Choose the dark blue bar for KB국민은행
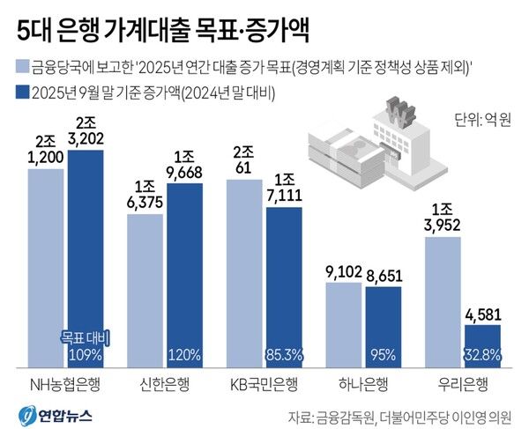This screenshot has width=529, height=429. (x=284, y=286)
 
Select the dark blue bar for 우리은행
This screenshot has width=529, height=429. (x=481, y=344)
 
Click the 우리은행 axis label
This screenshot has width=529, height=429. (x=464, y=385)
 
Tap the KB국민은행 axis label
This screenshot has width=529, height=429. (x=264, y=385)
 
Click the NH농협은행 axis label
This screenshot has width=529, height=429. (x=65, y=385)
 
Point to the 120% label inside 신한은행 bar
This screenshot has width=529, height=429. (x=185, y=355)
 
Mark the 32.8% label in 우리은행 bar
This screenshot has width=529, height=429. (x=481, y=355)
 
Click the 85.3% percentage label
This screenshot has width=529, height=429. (x=284, y=355)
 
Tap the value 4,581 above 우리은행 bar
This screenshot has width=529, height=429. (x=481, y=314)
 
